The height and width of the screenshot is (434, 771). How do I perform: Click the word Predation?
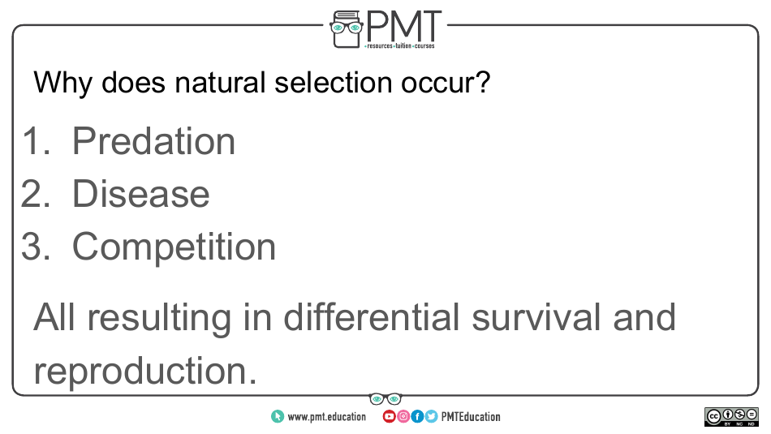(x=153, y=141)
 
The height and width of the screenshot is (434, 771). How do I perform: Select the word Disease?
(x=140, y=194)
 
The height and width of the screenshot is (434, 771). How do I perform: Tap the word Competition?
(x=174, y=247)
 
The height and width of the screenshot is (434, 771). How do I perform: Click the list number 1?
(x=35, y=141)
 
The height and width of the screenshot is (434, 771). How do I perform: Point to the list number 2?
(x=35, y=194)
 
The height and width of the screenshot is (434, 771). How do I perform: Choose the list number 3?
(x=35, y=247)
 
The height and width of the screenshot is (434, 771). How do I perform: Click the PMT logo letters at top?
(x=403, y=27)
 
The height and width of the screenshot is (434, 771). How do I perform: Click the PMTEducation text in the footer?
(x=471, y=417)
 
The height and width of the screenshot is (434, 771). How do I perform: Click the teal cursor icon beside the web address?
(x=278, y=417)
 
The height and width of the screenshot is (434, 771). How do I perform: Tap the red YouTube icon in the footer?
(x=389, y=417)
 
